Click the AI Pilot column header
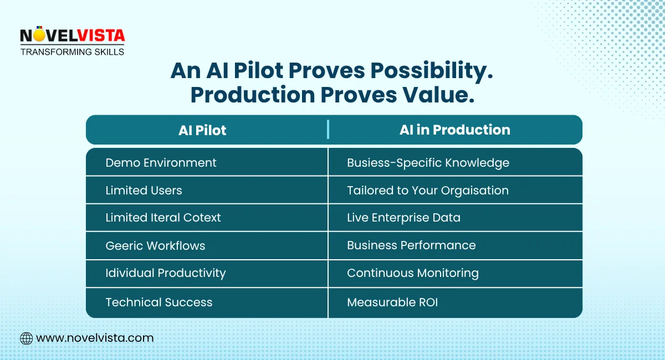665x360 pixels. tap(202, 130)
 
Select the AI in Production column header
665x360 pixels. tap(454, 130)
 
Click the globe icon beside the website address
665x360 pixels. tap(27, 338)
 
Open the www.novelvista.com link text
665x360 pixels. tap(95, 338)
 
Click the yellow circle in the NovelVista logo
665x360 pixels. tap(39, 35)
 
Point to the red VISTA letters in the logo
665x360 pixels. tap(101, 35)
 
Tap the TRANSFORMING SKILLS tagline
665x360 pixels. tap(72, 52)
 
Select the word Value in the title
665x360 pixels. tap(438, 95)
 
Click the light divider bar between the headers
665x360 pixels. tap(328, 130)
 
